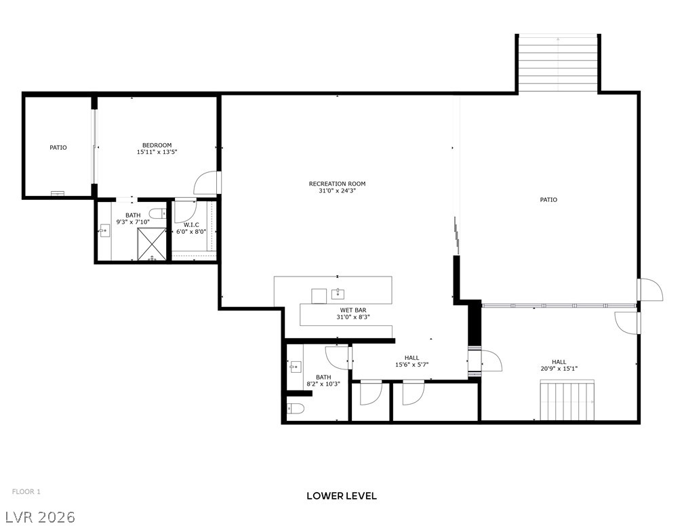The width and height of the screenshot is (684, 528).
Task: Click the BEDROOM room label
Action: coord(157,145)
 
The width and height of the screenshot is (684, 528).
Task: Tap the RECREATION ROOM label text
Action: coord(337,184)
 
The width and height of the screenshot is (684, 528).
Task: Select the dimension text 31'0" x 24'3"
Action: coord(337,191)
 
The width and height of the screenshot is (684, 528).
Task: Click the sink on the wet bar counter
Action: coord(337,294)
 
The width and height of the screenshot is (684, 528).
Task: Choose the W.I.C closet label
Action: coord(190,224)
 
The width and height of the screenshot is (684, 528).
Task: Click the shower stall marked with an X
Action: coord(152,245)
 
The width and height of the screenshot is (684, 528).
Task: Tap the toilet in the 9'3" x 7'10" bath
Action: coord(157,214)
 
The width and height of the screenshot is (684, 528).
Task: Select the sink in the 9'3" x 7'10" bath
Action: coord(105,230)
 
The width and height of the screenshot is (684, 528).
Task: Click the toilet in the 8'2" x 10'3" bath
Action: coord(294,408)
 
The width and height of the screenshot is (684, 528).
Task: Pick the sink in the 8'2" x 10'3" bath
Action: coord(296,367)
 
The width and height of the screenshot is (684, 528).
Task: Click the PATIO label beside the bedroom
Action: coord(58,147)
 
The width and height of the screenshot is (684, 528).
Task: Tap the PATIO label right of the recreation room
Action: coord(548,200)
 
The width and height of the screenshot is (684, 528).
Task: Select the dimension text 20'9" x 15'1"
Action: coord(559,369)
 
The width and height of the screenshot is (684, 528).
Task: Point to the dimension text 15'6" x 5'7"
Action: coord(411,365)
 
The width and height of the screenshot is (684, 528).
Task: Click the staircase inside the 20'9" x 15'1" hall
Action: coord(567,401)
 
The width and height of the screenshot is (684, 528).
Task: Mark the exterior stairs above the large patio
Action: coord(558,62)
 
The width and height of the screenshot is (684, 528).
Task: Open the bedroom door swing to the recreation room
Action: coord(207,182)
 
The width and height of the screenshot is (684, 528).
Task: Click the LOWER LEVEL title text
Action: coord(341,495)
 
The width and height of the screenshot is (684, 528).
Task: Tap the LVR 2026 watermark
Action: coord(38,517)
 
